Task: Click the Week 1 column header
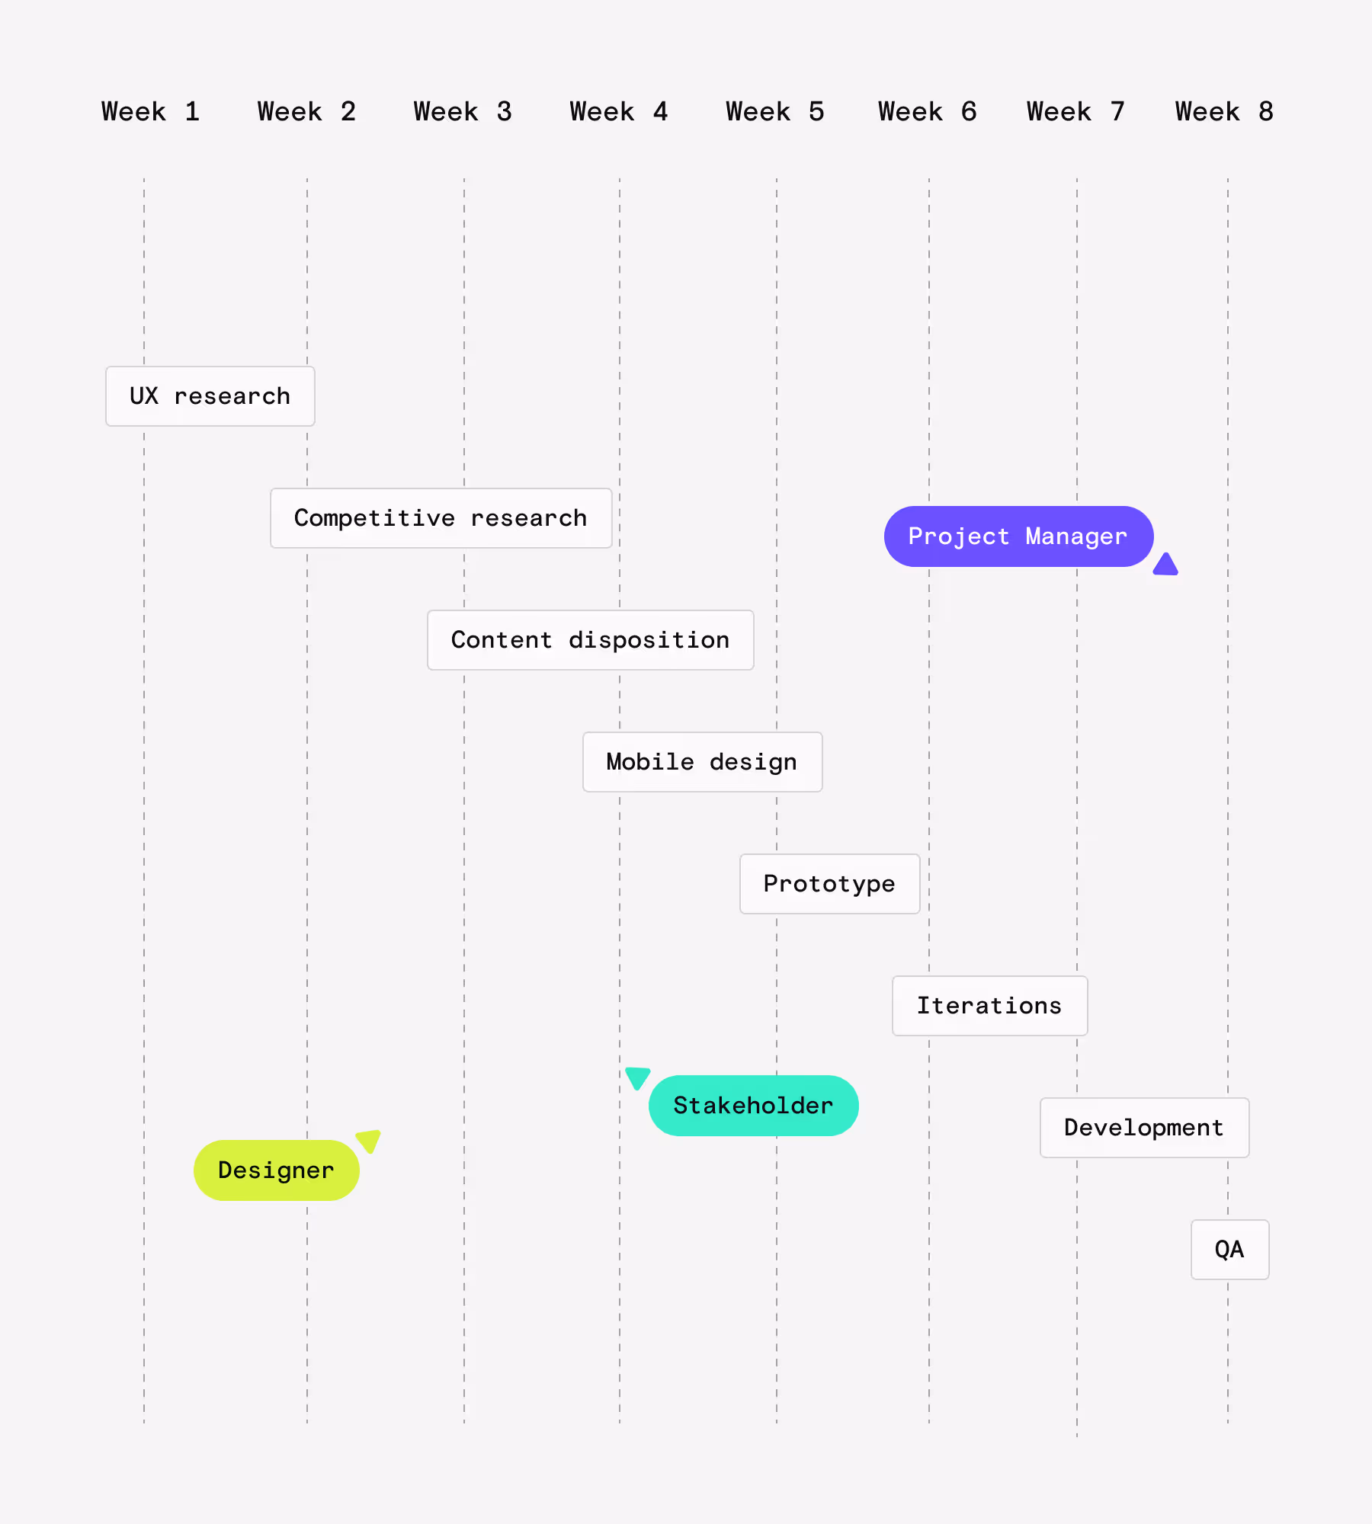tap(150, 112)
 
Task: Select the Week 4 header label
tap(618, 112)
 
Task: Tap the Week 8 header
tap(1223, 112)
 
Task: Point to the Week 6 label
tap(927, 112)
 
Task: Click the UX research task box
tap(210, 396)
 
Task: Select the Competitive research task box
tap(441, 518)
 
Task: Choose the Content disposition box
tap(590, 640)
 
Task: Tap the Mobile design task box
tap(702, 762)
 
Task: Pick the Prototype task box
tap(829, 884)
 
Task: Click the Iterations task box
tap(989, 1006)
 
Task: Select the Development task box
tap(1144, 1128)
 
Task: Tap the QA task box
tap(1229, 1250)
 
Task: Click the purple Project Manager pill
tap(1018, 536)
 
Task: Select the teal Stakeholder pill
tap(753, 1106)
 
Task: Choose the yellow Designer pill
tap(276, 1170)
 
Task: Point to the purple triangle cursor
tap(1165, 565)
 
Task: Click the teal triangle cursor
tap(637, 1077)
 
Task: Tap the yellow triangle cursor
tap(369, 1140)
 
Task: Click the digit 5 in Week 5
tap(816, 112)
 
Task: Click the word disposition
tap(649, 640)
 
